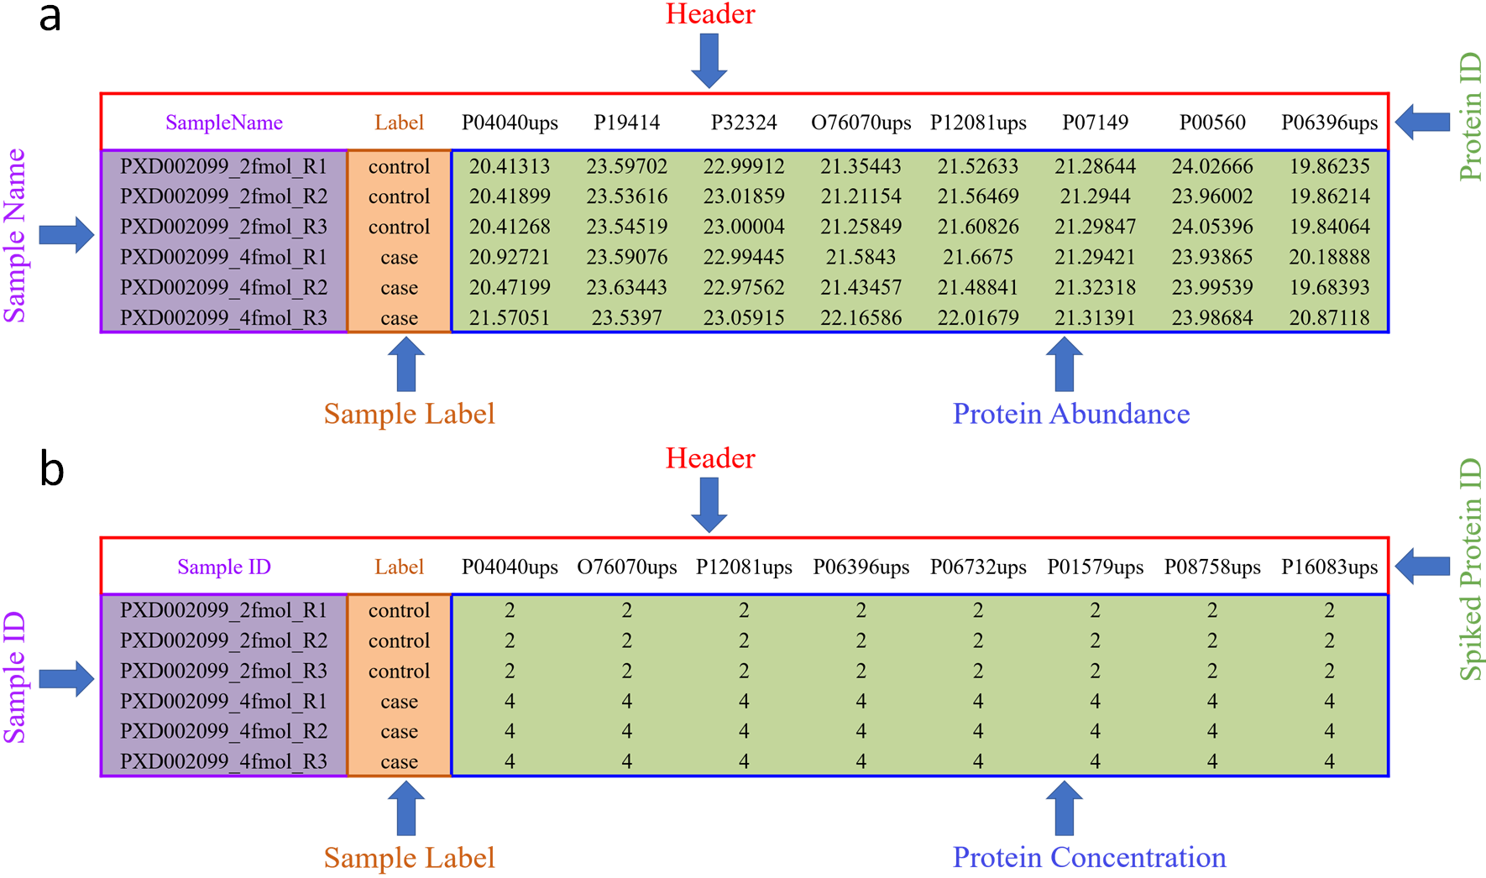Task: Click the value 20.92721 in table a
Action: click(510, 257)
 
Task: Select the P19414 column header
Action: click(627, 123)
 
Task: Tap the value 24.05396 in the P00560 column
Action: click(1212, 227)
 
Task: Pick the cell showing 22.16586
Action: click(861, 318)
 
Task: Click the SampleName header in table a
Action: click(224, 123)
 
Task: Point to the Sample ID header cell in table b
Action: click(224, 567)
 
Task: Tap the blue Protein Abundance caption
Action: click(1071, 414)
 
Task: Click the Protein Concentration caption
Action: click(1090, 857)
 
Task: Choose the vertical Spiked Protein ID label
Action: click(1470, 569)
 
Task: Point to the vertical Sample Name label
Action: click(15, 236)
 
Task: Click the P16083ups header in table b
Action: click(1330, 567)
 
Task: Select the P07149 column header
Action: click(1096, 123)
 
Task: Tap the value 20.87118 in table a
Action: click(1330, 318)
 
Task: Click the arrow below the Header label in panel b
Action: click(709, 505)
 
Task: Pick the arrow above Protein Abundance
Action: click(1064, 364)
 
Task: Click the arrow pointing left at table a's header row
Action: click(1423, 123)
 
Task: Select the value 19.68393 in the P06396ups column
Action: click(1330, 288)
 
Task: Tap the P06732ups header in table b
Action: click(978, 567)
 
